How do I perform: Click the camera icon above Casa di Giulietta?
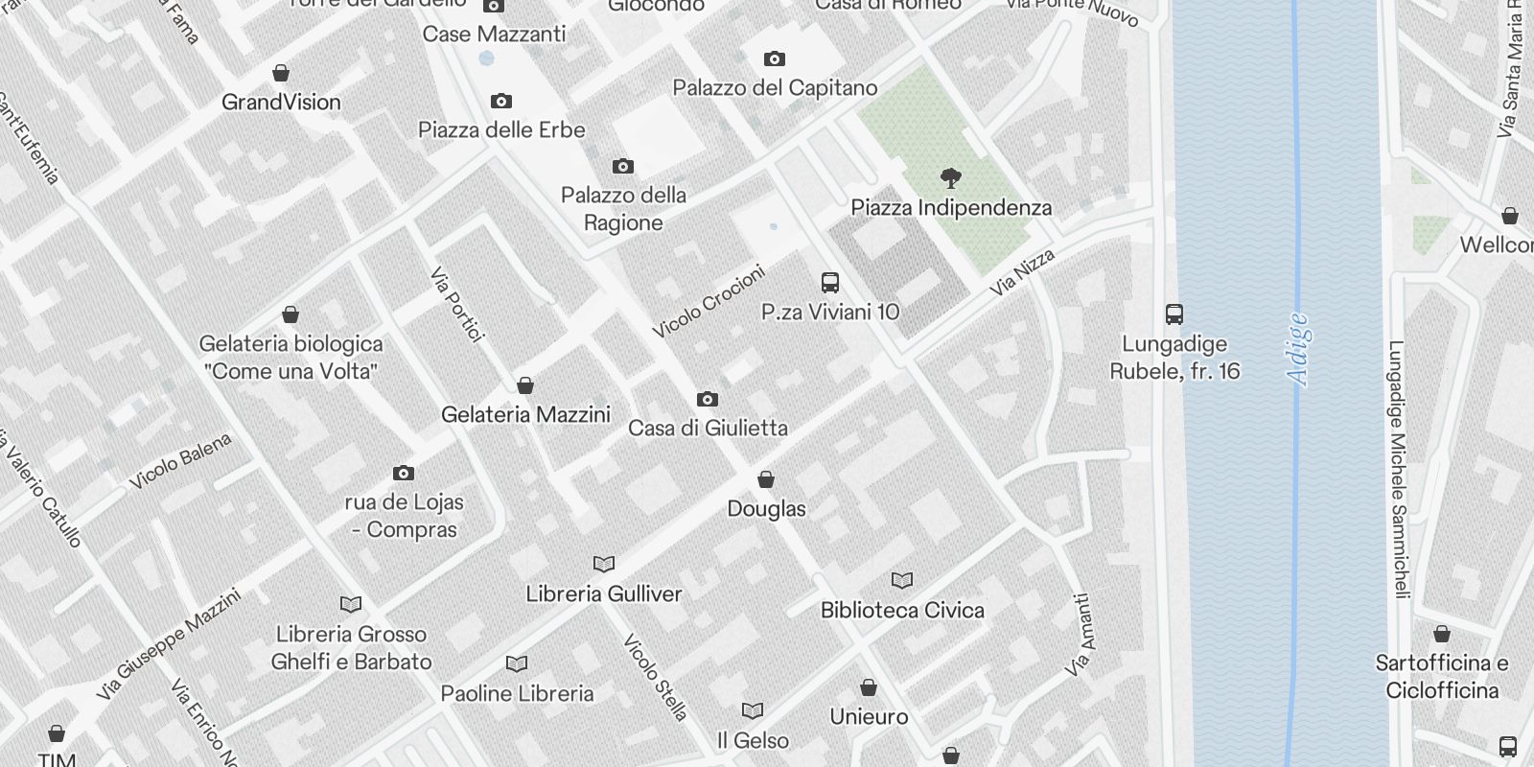707,399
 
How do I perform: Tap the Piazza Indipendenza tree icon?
951,177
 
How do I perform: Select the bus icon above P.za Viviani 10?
830,283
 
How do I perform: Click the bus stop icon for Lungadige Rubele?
1174,314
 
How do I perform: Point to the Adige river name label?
1299,349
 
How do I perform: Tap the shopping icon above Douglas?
766,479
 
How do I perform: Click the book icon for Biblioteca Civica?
902,580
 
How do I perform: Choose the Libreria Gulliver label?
604,593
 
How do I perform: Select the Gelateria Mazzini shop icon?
525,385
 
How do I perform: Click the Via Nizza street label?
1023,271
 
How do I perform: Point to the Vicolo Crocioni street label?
709,302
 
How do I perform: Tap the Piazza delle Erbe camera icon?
500,101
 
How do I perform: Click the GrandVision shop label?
281,102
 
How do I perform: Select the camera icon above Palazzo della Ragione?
623,167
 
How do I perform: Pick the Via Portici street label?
456,304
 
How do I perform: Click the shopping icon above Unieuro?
869,687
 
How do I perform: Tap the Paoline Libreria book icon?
517,663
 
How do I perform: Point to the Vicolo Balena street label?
181,460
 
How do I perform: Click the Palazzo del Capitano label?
775,87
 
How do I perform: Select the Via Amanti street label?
1081,635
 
